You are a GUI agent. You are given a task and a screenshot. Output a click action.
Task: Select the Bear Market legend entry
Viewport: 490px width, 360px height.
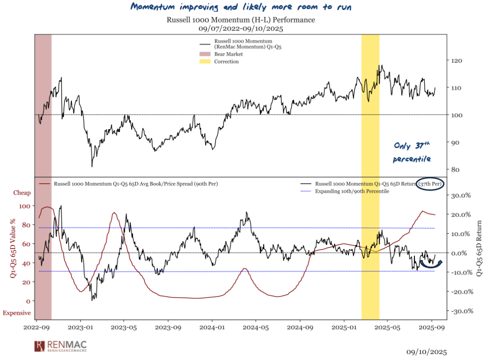228,55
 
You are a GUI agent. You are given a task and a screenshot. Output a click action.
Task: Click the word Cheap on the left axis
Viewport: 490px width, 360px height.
22,193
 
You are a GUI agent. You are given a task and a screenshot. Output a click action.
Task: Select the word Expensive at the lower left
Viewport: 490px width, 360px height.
17,313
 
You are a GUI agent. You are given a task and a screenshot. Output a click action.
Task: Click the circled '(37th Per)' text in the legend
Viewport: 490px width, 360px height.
430,184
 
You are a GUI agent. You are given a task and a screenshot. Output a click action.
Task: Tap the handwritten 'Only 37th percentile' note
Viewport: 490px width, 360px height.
412,152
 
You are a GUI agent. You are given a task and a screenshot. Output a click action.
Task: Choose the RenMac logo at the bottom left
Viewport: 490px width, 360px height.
63,347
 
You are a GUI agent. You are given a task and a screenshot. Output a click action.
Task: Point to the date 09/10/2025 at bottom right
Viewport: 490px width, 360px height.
427,352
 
